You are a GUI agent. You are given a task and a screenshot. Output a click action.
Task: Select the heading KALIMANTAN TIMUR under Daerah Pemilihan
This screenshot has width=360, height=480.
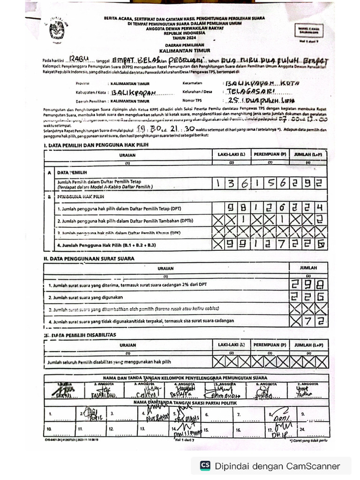pyautogui.click(x=185, y=50)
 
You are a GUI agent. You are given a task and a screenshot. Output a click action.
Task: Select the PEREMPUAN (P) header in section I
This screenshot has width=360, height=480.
pyautogui.click(x=270, y=154)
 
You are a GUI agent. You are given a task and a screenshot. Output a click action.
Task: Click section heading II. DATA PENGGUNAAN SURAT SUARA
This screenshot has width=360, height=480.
pyautogui.click(x=89, y=258)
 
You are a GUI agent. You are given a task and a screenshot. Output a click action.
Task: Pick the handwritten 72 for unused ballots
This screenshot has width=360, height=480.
pyautogui.click(x=313, y=321)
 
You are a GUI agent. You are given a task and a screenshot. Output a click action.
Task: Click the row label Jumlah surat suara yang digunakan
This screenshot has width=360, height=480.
pyautogui.click(x=90, y=297)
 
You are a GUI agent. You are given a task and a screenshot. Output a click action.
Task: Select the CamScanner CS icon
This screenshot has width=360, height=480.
pyautogui.click(x=205, y=465)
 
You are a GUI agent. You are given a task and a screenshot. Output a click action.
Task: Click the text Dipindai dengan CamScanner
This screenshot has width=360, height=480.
pyautogui.click(x=277, y=466)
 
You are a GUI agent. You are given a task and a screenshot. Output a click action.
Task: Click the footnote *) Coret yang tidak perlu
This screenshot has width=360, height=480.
pyautogui.click(x=308, y=441)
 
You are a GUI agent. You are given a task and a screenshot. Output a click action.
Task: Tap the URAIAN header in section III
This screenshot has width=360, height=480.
pyautogui.click(x=127, y=345)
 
